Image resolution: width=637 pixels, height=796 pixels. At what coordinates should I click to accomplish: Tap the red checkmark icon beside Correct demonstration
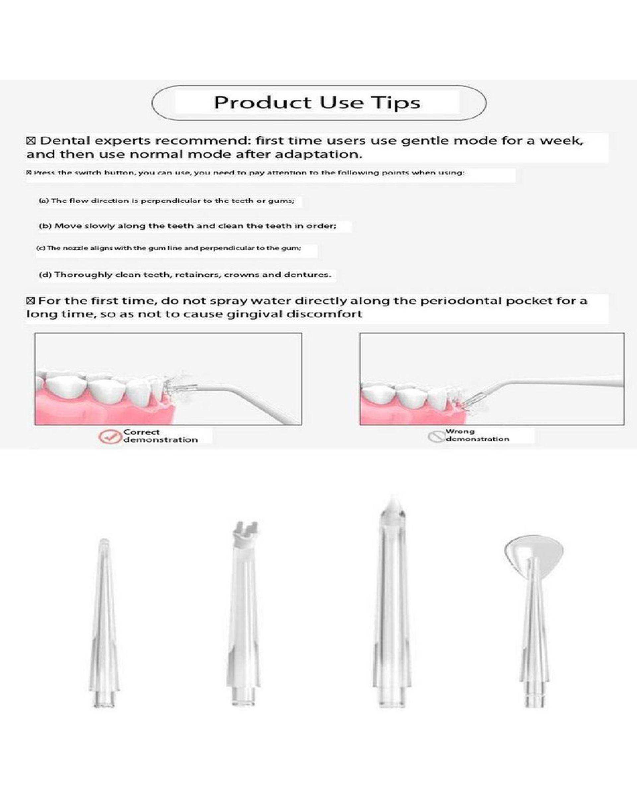tap(110, 436)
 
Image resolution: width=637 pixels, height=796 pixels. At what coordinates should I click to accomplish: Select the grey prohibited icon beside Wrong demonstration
tap(436, 437)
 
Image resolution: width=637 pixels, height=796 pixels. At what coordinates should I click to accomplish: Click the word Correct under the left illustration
tap(141, 432)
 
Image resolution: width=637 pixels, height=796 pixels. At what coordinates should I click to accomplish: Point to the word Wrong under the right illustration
tap(460, 431)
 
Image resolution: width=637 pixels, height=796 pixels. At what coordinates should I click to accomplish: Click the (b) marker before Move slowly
tap(45, 226)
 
